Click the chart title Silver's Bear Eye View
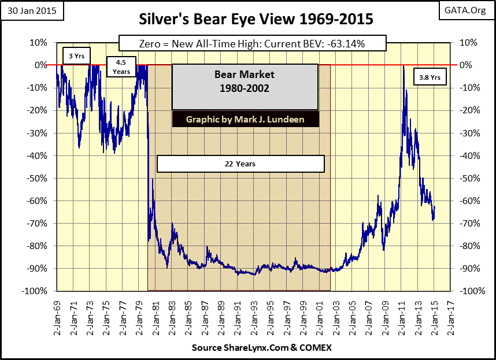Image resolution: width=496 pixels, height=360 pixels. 247,19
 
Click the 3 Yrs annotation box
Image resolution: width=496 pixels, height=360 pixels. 75,56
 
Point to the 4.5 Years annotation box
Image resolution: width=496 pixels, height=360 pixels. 121,67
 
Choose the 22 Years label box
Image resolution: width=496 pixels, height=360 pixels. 240,164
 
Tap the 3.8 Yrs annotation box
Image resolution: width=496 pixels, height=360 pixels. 430,76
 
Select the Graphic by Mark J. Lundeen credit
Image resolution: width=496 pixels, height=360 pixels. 245,120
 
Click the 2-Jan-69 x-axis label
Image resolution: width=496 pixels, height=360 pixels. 57,313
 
